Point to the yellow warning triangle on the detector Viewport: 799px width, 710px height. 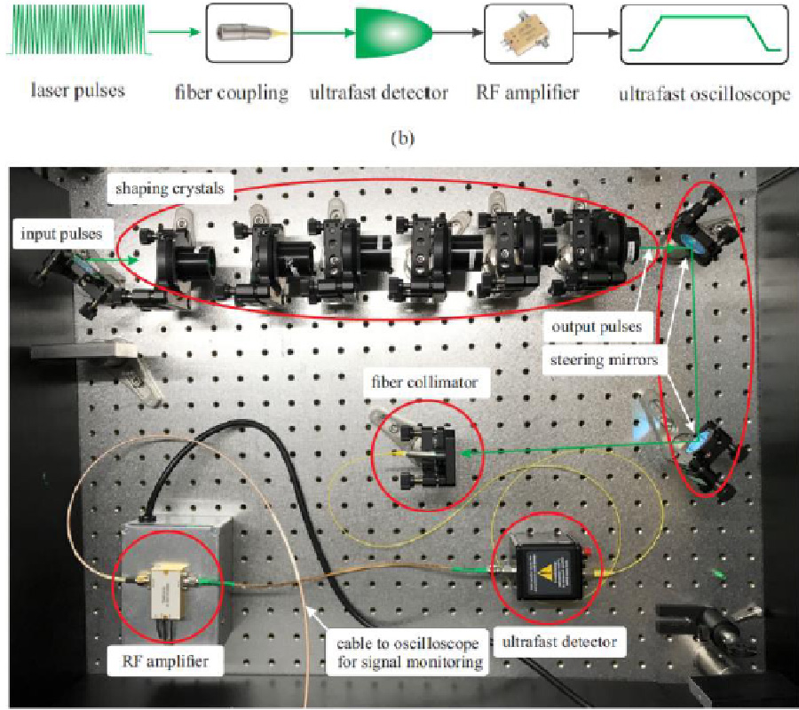(x=548, y=555)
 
